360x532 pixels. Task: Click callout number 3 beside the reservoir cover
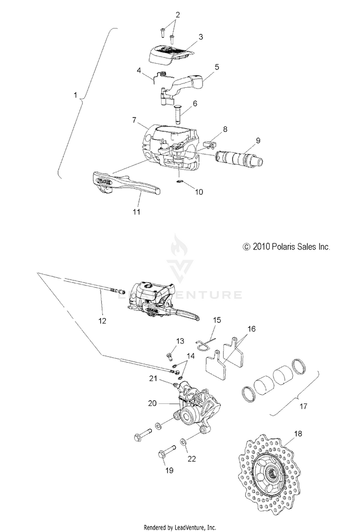click(201, 36)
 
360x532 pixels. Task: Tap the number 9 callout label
click(258, 141)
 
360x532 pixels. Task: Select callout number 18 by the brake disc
click(298, 433)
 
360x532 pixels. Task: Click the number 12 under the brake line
click(102, 319)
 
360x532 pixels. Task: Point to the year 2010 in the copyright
click(261, 247)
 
